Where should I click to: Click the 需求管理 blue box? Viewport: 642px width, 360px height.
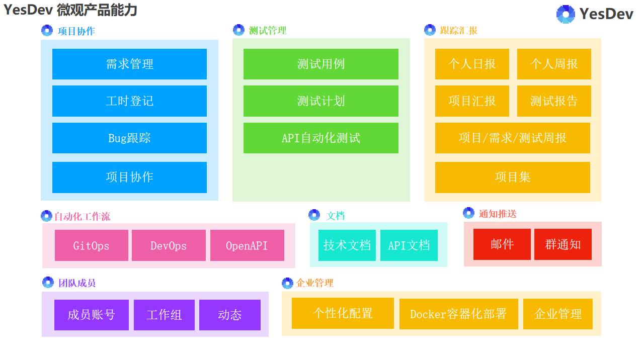click(x=129, y=64)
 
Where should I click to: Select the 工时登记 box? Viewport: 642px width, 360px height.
click(x=129, y=101)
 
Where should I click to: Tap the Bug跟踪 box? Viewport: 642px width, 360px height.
click(x=129, y=138)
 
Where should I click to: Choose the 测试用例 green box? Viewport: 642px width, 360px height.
click(x=321, y=64)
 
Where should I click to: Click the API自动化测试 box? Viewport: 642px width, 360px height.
click(x=321, y=138)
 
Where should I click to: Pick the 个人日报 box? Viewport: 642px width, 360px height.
click(x=472, y=64)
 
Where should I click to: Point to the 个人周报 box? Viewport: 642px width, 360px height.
click(x=554, y=64)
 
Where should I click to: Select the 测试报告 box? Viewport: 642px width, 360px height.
click(x=554, y=101)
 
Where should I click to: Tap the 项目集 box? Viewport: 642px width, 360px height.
click(x=513, y=177)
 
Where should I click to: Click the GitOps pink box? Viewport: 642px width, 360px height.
click(x=92, y=245)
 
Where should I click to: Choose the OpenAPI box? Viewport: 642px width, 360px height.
click(x=247, y=245)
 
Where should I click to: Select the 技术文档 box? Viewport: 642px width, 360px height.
click(x=347, y=245)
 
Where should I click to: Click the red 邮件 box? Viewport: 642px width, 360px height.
click(x=502, y=244)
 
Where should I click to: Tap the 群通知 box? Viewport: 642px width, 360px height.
click(x=563, y=244)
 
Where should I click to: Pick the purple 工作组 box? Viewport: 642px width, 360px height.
click(x=164, y=315)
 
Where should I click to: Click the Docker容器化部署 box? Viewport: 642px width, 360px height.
click(x=458, y=314)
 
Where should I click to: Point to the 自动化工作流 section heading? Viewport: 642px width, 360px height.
click(x=82, y=217)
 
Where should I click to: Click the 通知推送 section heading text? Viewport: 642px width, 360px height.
click(x=498, y=214)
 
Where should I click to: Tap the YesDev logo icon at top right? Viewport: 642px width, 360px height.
click(x=566, y=14)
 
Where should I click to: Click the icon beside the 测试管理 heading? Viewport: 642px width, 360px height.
click(x=239, y=30)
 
